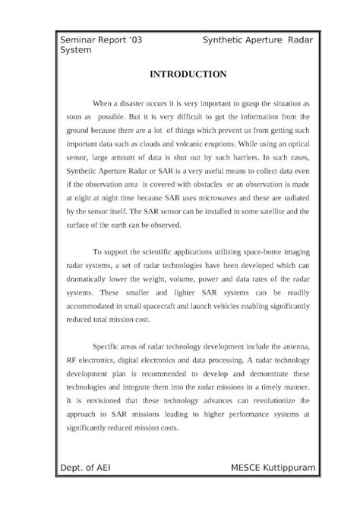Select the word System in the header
tap(76, 49)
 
